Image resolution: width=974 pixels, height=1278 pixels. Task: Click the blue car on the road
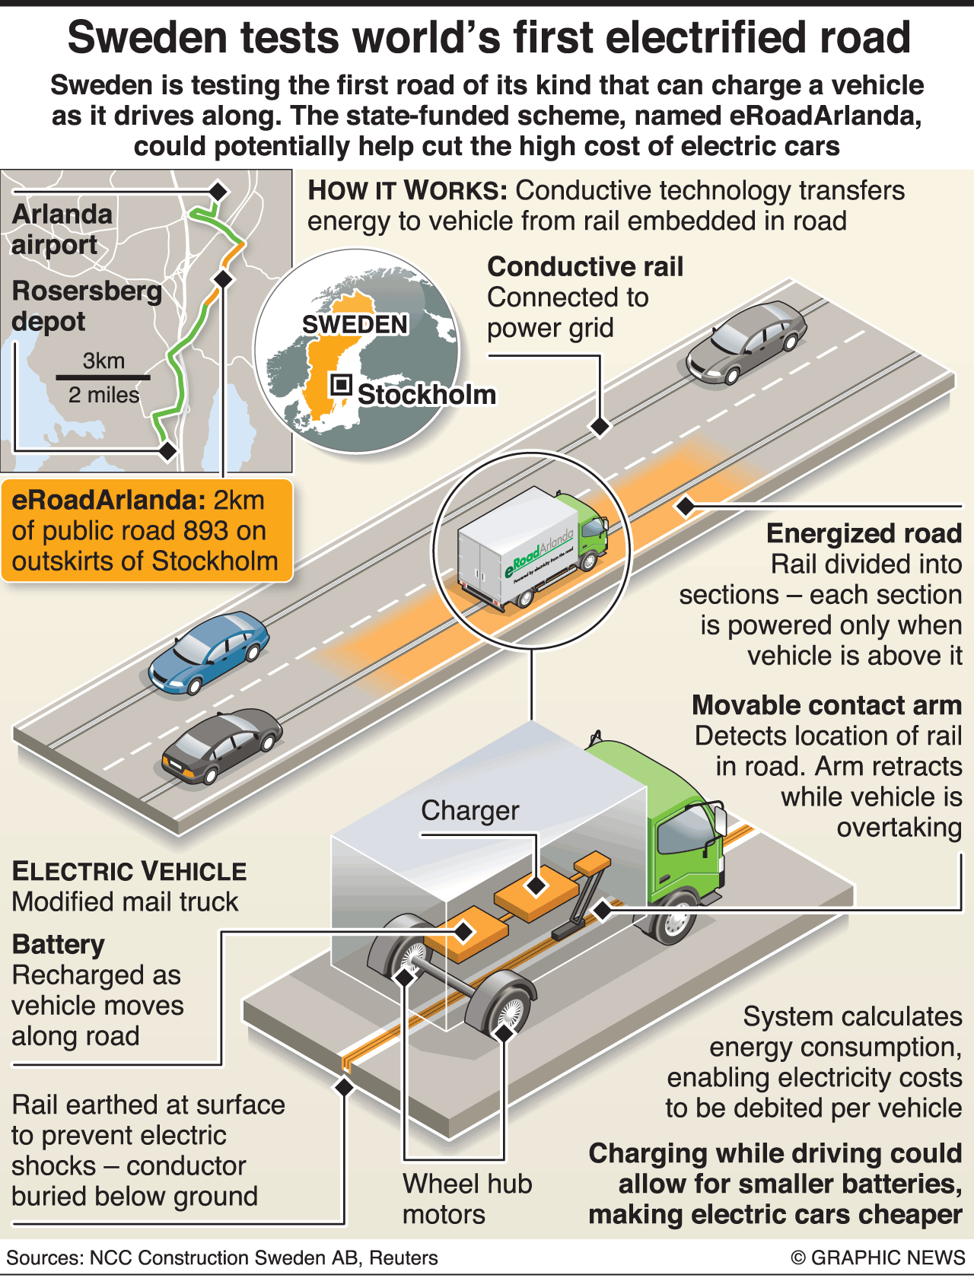coord(208,652)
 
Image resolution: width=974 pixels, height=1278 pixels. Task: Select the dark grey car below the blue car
coord(221,745)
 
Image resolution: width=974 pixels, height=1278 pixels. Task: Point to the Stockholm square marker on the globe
coord(341,385)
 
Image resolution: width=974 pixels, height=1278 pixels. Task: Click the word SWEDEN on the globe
coord(355,325)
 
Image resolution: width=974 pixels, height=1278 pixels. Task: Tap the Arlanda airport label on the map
coord(62,229)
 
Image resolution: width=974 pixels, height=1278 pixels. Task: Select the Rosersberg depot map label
coord(86,306)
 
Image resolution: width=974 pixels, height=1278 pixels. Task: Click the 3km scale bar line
coord(103,377)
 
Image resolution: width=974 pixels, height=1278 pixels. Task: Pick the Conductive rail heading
coord(585,267)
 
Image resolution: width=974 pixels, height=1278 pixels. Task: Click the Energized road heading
coord(864,533)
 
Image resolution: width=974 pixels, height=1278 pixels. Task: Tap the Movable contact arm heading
coord(826,705)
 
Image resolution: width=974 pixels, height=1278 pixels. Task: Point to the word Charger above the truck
coord(469,811)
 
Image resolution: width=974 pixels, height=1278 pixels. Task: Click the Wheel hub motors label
coord(466,1199)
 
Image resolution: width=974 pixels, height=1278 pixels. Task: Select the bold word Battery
coord(59,945)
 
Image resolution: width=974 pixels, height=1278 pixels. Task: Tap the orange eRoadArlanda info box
coord(147,531)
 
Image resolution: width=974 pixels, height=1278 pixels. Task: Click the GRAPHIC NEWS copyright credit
coord(878,1257)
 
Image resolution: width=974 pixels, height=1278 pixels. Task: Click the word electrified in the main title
coord(641,38)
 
